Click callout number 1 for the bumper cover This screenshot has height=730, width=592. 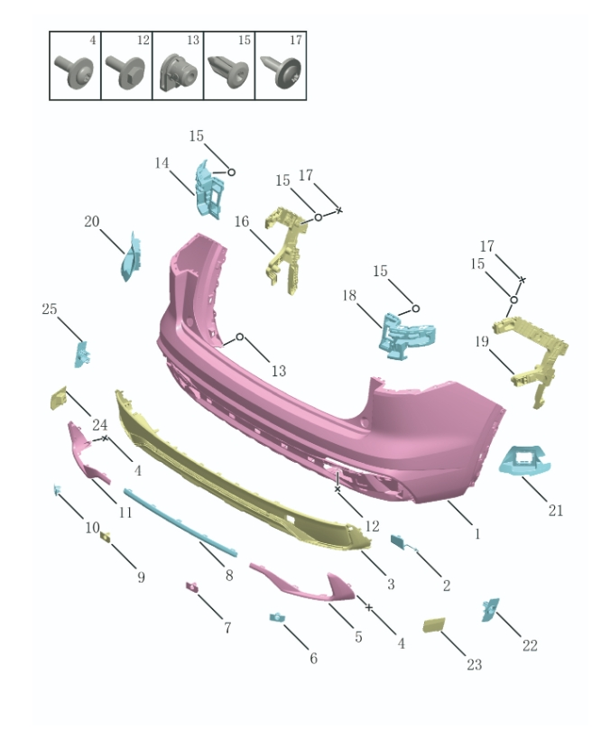coord(477,533)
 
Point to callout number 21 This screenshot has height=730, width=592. coord(556,510)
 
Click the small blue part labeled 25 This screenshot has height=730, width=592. coord(82,353)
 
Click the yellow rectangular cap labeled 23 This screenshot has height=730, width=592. coord(435,627)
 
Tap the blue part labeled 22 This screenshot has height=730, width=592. coord(490,610)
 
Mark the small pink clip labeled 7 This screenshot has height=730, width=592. coord(192,587)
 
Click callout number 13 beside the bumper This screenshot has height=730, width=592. coord(278,370)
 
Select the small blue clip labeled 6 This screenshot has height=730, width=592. coord(276,617)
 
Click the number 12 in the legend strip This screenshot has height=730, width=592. coord(143,42)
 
